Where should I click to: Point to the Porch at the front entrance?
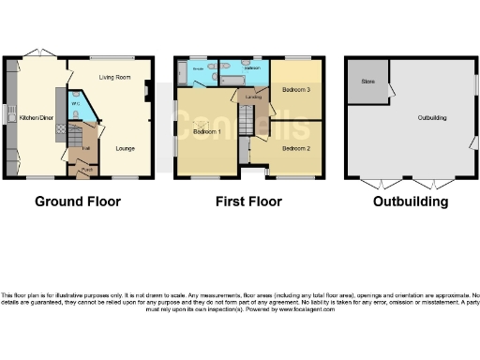83,169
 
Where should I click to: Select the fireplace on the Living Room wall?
147,92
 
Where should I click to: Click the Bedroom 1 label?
206,132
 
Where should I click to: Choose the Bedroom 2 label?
295,148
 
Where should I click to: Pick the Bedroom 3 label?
295,89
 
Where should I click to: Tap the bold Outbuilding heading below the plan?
411,202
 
